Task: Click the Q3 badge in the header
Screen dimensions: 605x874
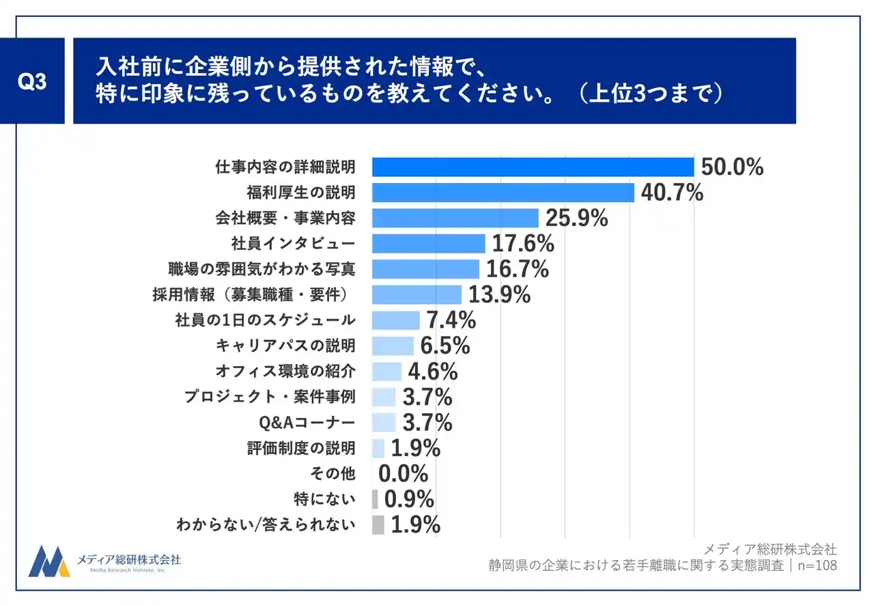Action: tap(32, 81)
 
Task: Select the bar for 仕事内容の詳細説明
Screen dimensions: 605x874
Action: tap(533, 167)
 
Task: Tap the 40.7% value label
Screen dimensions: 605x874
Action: tap(672, 193)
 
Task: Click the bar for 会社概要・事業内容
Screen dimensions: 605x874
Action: tap(455, 218)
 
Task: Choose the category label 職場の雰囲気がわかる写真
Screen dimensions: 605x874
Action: tap(262, 268)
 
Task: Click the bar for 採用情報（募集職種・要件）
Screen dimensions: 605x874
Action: tap(417, 294)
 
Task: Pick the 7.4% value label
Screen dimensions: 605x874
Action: tap(451, 320)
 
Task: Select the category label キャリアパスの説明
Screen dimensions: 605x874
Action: tap(285, 346)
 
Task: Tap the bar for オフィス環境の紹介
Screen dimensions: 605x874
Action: tap(386, 371)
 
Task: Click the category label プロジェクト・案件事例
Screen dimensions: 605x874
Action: tap(270, 397)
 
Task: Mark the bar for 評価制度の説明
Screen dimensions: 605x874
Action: tap(378, 448)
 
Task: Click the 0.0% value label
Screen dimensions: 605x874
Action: tap(403, 473)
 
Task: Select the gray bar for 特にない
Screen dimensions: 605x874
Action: tap(375, 499)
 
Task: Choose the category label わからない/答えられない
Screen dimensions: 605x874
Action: tap(266, 525)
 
